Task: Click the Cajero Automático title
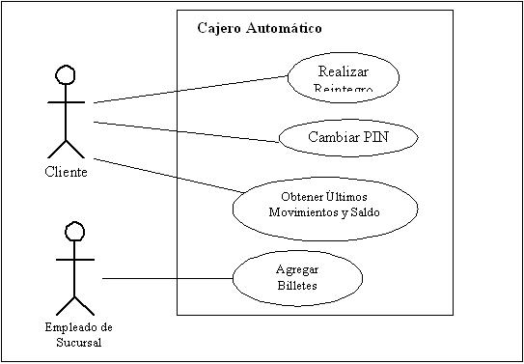(x=260, y=28)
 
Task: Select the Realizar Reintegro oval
(x=343, y=75)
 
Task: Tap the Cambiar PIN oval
(x=347, y=137)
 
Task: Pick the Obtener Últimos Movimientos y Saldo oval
(x=325, y=207)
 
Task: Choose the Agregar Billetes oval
(x=297, y=278)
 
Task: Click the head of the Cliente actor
(x=65, y=76)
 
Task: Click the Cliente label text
(x=66, y=172)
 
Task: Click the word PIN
(x=377, y=137)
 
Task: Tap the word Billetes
(x=296, y=286)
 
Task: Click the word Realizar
(x=343, y=70)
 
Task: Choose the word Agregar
(x=296, y=271)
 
